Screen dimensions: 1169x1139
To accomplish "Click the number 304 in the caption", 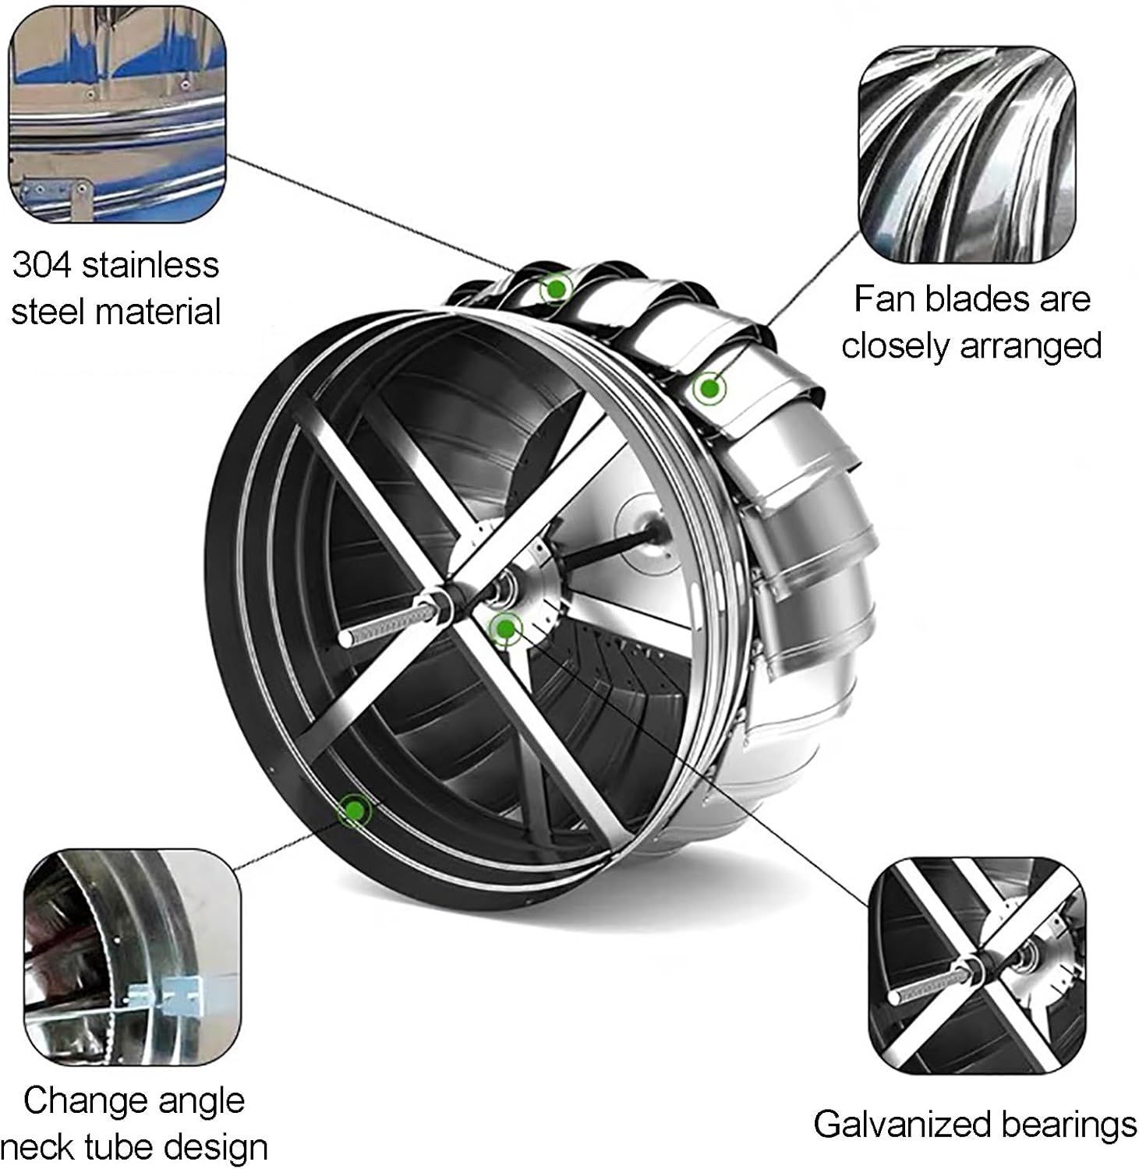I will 42,266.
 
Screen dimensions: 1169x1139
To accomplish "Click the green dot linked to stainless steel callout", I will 556,290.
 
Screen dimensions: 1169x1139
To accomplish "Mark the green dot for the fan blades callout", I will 708,387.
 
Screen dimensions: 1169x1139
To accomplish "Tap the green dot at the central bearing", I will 505,627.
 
